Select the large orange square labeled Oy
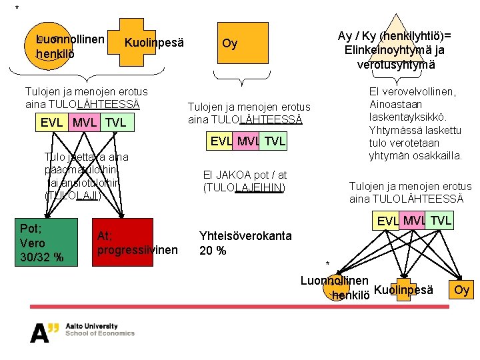coord(229,44)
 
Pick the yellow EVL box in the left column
coord(53,123)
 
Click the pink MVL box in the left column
coord(85,123)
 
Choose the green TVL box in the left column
coord(115,123)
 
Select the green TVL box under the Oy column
coord(274,141)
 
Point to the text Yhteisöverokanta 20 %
coord(245,243)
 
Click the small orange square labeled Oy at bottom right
coord(462,289)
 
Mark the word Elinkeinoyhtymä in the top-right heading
coord(395,50)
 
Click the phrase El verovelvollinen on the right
coord(412,91)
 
